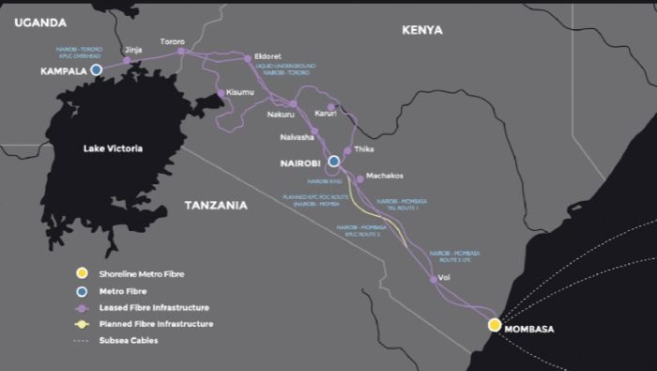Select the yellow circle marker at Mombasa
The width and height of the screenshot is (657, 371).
click(495, 325)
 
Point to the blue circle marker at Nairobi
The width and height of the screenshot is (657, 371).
click(333, 161)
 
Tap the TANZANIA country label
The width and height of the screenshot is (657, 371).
click(216, 205)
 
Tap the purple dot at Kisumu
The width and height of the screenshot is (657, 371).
click(220, 93)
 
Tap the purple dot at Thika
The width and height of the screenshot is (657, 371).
click(347, 150)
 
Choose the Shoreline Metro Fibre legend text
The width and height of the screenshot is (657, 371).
click(144, 273)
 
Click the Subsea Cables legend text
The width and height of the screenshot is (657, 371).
click(129, 340)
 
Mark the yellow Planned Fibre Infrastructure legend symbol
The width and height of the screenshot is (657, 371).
click(82, 324)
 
